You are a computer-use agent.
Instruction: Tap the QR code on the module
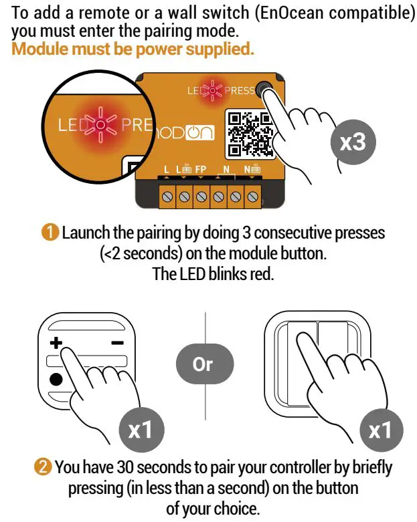tap(248, 132)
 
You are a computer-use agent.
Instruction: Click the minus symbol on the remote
tap(116, 342)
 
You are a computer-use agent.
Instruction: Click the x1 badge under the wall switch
tap(379, 430)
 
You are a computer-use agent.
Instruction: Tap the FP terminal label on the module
tap(201, 171)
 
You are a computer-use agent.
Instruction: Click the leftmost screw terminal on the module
tap(167, 197)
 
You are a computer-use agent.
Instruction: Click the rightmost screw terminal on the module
tap(253, 197)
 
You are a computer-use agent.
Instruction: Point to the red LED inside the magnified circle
tap(99, 124)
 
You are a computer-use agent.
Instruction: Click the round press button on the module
tap(262, 90)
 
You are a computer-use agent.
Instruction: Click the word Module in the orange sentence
tap(36, 49)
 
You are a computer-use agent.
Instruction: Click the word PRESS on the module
tap(238, 91)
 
